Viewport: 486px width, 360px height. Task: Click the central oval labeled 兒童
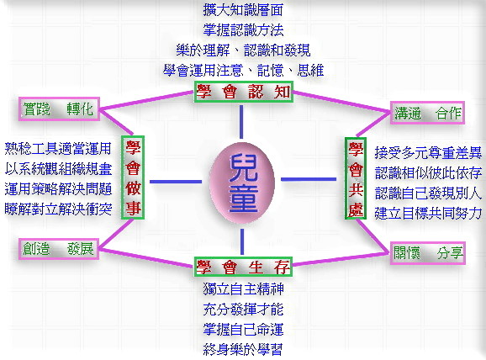point(242,183)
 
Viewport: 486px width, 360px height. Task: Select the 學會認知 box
point(244,92)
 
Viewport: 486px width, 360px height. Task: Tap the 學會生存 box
point(243,267)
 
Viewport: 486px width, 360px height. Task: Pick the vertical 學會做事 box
point(133,177)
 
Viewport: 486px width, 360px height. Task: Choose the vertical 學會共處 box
point(356,178)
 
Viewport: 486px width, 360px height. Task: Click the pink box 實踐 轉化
point(59,109)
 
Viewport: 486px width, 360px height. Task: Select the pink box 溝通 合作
point(427,113)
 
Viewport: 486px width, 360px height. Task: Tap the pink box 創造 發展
point(59,249)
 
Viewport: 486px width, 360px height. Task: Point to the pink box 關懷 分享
point(428,252)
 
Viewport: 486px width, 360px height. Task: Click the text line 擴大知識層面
point(243,9)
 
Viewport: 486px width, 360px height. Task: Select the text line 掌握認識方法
point(243,30)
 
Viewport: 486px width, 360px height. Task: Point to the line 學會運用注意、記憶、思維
point(243,71)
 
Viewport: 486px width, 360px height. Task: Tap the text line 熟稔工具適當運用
point(58,149)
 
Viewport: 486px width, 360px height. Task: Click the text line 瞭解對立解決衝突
point(58,209)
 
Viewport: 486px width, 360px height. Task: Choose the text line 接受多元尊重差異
point(428,152)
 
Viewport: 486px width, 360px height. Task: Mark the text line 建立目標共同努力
point(428,213)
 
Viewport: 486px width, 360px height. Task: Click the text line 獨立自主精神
point(243,289)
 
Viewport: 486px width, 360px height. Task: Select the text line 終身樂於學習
point(243,349)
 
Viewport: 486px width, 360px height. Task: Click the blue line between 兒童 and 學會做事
point(176,182)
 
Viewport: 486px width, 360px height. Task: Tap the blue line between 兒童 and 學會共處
point(309,179)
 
